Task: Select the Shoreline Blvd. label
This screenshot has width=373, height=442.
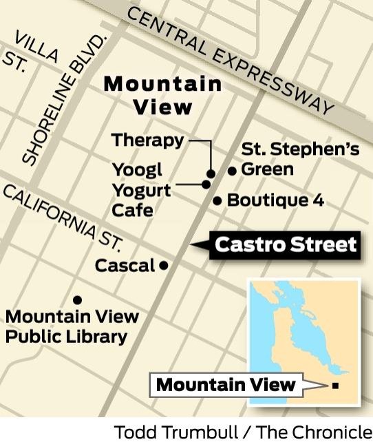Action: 67,100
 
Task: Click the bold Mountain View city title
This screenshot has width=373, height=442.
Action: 162,96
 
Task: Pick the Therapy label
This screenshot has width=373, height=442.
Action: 148,140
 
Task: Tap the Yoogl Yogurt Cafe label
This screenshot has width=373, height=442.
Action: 142,189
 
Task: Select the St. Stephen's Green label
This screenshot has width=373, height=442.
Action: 299,159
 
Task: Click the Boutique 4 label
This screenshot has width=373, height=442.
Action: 275,201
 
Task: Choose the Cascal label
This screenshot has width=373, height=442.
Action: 125,265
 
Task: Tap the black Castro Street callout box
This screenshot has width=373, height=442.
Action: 284,244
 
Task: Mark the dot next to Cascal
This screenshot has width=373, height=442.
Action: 164,265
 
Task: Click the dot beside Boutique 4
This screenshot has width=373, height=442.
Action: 217,201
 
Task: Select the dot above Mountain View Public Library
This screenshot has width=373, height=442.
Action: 78,299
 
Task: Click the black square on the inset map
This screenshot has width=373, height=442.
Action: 335,385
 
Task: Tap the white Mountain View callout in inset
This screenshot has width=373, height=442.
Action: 226,385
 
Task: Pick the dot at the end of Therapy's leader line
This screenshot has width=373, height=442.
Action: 210,173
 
